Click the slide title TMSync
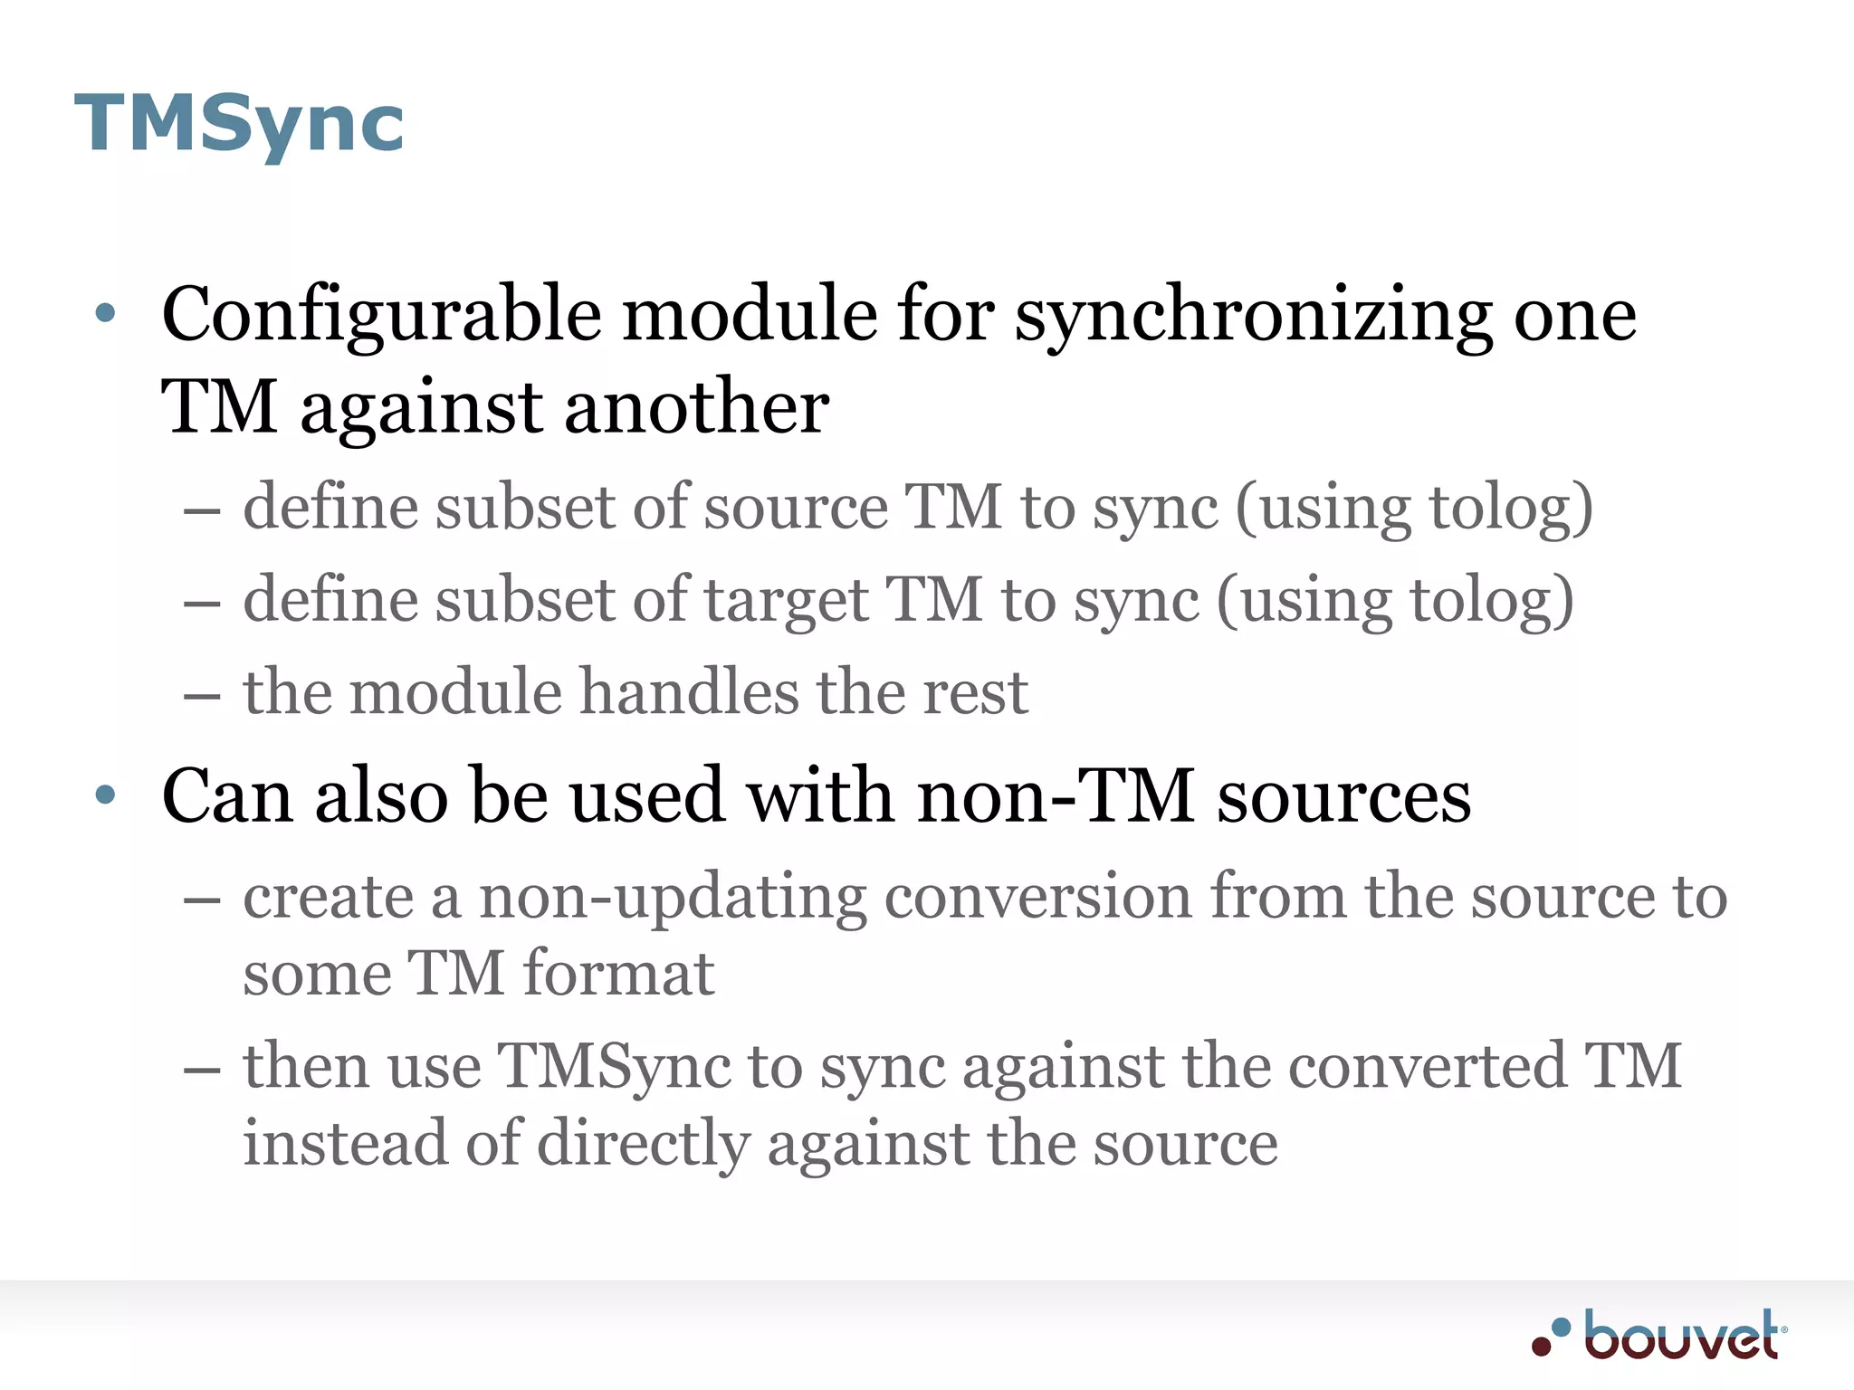tap(239, 124)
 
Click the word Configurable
tap(381, 315)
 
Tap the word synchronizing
tap(1253, 315)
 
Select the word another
tap(696, 407)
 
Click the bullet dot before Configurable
tap(106, 313)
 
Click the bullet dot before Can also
tap(106, 795)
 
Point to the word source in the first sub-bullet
tap(796, 508)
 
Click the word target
tap(786, 600)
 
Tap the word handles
tap(689, 692)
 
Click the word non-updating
tap(671, 898)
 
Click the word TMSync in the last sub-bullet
tap(615, 1066)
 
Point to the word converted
tap(1427, 1066)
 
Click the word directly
tap(644, 1144)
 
